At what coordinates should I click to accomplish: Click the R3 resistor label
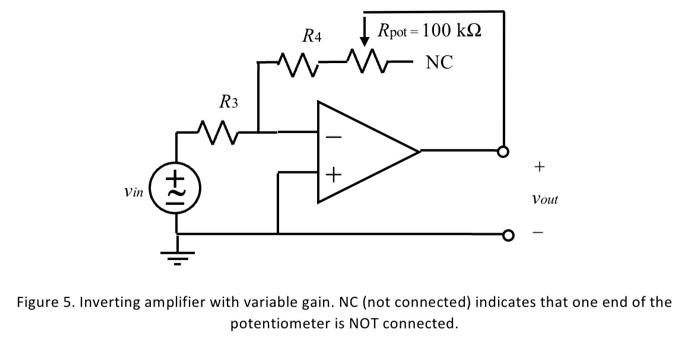(x=229, y=101)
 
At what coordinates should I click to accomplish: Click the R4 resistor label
(x=312, y=37)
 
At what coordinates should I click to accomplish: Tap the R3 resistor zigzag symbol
(x=217, y=131)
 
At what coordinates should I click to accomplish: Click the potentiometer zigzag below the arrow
(x=365, y=64)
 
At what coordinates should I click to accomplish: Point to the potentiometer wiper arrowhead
(x=365, y=39)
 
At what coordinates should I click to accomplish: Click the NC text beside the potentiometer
(x=438, y=63)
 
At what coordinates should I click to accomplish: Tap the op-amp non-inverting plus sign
(x=333, y=176)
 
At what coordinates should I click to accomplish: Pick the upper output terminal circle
(x=505, y=152)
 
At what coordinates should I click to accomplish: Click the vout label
(x=544, y=199)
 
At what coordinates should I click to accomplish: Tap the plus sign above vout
(x=540, y=165)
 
